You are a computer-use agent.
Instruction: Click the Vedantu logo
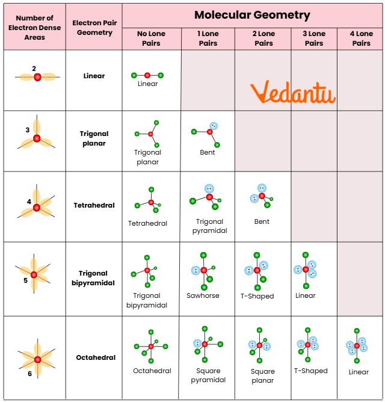[x=292, y=93]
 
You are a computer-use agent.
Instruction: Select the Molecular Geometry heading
[x=252, y=15]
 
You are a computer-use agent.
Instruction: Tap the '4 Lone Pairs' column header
[x=361, y=39]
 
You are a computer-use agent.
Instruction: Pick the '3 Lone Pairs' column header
[x=314, y=39]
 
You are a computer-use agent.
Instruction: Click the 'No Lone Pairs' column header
[x=151, y=39]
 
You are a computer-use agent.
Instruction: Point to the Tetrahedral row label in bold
[x=94, y=205]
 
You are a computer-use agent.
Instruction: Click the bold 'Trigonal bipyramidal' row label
[x=93, y=278]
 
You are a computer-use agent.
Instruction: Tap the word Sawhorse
[x=203, y=295]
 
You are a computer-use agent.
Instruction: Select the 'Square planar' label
[x=263, y=376]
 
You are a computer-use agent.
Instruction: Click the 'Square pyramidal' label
[x=208, y=375]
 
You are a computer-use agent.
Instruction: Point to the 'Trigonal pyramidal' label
[x=209, y=226]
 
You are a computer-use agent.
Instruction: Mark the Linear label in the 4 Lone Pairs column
[x=359, y=372]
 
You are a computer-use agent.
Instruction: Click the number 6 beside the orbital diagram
[x=29, y=374]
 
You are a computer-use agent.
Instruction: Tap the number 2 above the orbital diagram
[x=34, y=69]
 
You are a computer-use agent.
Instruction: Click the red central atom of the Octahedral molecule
[x=151, y=346]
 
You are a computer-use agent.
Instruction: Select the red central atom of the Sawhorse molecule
[x=204, y=270]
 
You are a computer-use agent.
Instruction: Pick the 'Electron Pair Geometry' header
[x=94, y=28]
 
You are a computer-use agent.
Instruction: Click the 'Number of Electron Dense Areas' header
[x=34, y=28]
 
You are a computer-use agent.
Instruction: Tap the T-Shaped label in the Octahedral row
[x=310, y=371]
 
